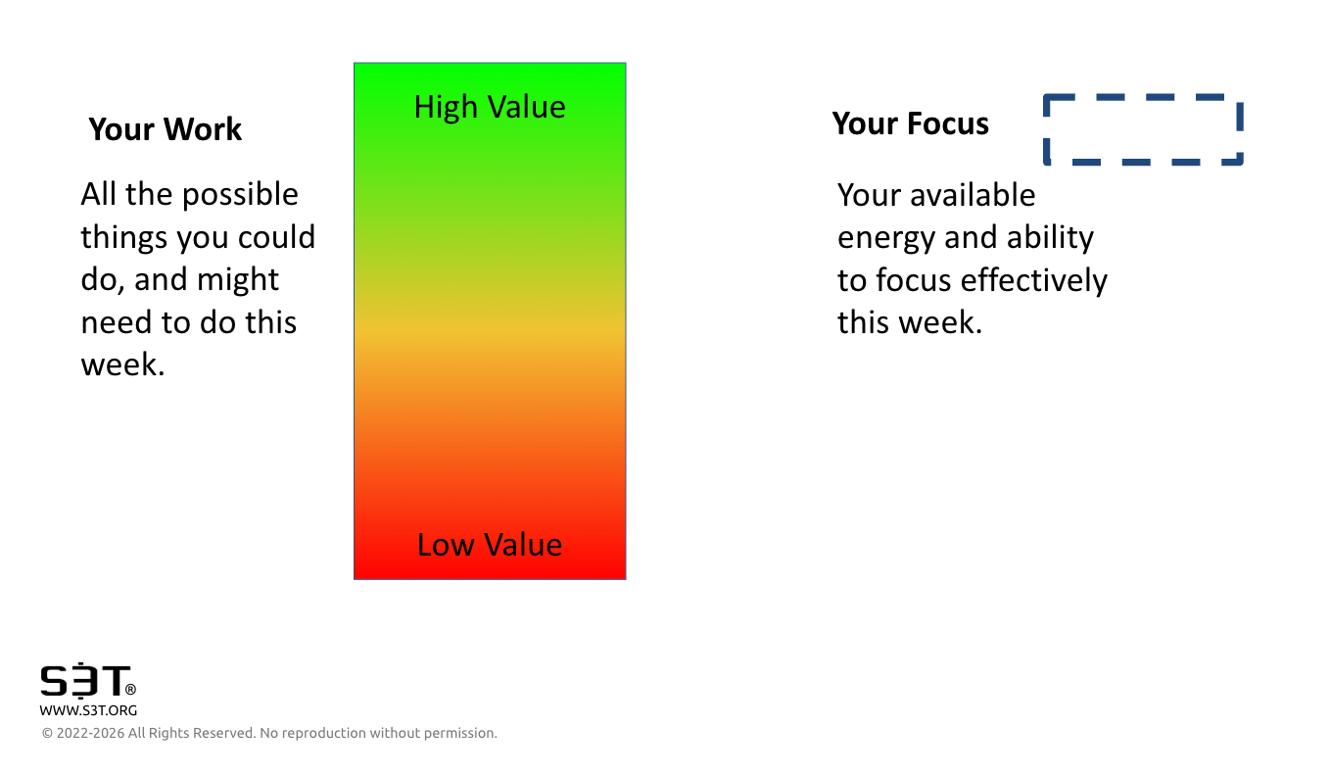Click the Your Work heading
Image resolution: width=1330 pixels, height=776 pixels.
[166, 129]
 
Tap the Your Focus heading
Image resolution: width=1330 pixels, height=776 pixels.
[910, 123]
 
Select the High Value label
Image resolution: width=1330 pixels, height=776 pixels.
[490, 108]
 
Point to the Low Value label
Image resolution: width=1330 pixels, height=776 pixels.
[490, 544]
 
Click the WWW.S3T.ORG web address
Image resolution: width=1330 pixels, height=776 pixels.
[88, 710]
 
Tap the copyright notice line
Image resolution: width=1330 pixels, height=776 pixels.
[269, 733]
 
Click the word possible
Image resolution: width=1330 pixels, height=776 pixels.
[240, 195]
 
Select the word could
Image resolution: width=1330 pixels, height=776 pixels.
[276, 237]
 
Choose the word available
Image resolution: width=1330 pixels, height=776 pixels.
[973, 195]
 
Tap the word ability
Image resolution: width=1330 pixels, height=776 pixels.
[1050, 238]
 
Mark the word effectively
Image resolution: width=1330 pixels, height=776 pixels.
[1033, 280]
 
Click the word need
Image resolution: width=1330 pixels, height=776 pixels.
[117, 322]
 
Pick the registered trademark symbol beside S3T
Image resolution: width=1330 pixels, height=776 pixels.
[130, 689]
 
